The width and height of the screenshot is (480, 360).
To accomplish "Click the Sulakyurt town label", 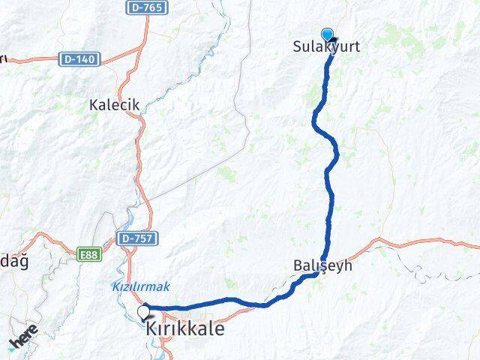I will coord(326,46).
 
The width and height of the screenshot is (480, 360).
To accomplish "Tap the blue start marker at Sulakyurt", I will coord(327,34).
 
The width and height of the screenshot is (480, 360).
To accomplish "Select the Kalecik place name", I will coord(115,105).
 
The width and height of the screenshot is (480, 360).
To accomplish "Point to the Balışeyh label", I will coord(322,265).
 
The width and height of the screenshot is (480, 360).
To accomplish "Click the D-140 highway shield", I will coord(80,59).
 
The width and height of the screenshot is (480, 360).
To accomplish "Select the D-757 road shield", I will coord(134,238).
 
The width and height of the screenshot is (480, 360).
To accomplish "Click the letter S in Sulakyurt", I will coord(296,46).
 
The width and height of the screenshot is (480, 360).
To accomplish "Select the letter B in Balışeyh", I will coord(295,265).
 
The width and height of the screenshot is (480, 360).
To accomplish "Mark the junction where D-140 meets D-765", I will coord(142,48).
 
